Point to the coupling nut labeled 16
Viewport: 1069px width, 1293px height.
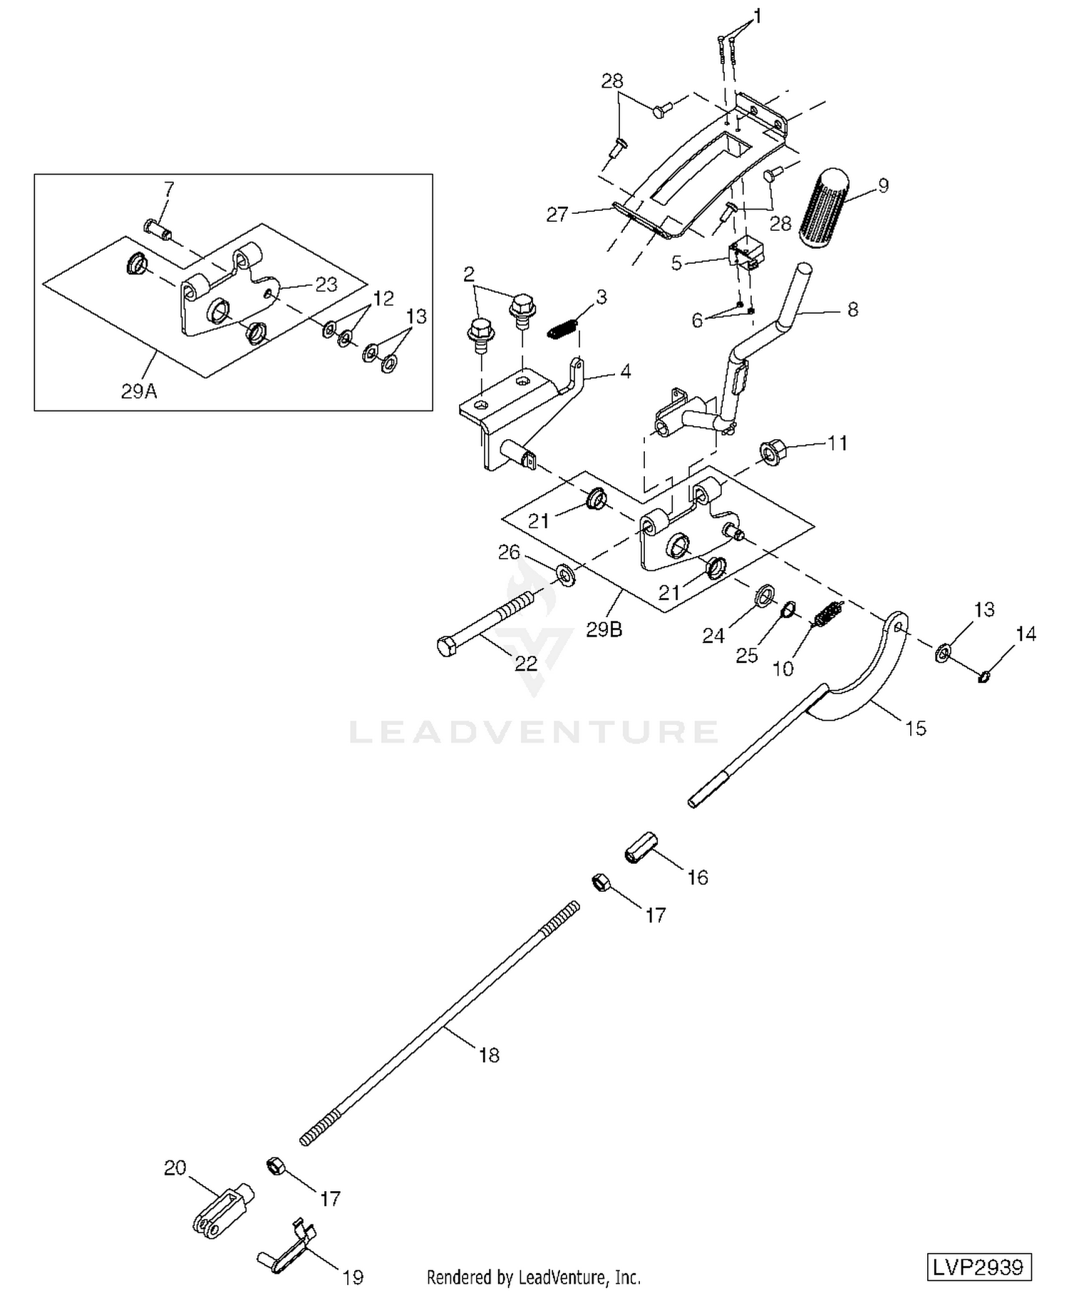(640, 847)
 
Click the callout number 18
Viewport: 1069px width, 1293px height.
(489, 1055)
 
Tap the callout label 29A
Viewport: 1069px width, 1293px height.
(139, 391)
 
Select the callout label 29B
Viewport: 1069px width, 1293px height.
(604, 629)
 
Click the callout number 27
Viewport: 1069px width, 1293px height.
(557, 215)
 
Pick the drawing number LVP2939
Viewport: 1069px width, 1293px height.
(979, 1267)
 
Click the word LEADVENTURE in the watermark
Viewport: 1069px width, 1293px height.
(534, 732)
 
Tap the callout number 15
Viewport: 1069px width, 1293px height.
(916, 728)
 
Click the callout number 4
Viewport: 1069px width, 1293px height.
(625, 371)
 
